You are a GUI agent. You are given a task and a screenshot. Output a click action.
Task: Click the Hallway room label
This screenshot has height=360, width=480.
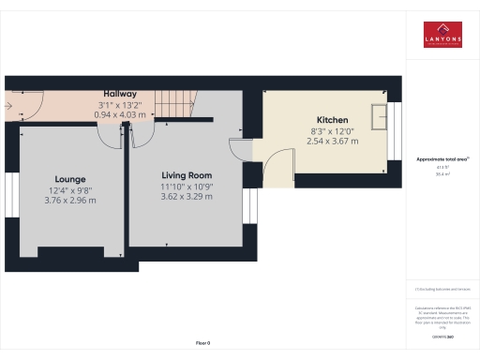click(120, 94)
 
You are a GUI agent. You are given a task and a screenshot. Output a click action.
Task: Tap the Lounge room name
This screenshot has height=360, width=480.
click(70, 178)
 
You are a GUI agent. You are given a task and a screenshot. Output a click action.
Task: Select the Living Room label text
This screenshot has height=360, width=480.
click(187, 175)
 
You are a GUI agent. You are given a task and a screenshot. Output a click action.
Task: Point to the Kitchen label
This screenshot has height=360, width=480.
click(333, 121)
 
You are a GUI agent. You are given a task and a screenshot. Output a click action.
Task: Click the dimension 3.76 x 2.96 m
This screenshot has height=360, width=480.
click(70, 199)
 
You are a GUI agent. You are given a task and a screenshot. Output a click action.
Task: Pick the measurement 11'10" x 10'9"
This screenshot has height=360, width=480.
click(187, 187)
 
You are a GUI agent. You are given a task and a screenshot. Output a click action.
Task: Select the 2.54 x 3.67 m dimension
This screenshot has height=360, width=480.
click(333, 142)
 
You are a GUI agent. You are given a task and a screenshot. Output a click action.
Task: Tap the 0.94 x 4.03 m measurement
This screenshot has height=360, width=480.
click(120, 113)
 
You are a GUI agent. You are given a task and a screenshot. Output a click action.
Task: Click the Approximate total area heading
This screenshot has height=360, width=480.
click(442, 159)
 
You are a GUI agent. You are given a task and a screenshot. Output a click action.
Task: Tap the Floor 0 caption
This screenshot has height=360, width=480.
click(202, 343)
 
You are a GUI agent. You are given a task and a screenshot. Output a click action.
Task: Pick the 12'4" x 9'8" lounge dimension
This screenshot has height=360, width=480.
click(70, 188)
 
